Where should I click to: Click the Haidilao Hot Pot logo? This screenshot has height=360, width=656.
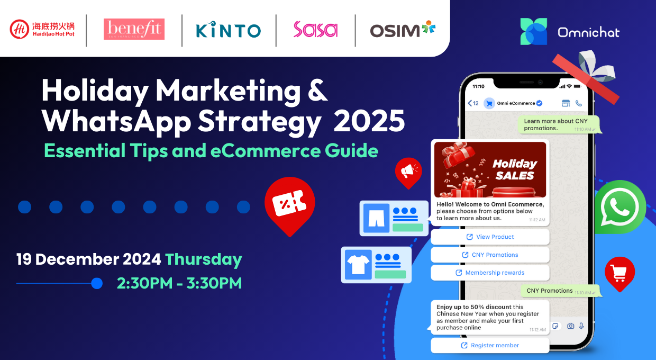point(42,29)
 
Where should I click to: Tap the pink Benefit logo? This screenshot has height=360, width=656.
point(134,29)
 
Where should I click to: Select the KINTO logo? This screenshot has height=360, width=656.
point(228,30)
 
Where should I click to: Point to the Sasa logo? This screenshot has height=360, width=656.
point(315,29)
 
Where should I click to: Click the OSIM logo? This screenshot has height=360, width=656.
point(403,29)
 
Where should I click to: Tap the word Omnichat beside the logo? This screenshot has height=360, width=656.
point(588,32)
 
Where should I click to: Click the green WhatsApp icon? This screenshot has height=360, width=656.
point(620,207)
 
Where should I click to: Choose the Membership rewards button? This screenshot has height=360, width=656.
point(490,273)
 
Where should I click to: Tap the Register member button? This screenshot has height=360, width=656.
point(490,345)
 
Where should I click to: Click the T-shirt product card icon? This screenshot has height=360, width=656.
point(358,265)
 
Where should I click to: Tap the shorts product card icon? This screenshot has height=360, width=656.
point(376,218)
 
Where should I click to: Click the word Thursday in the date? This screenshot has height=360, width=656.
point(204,260)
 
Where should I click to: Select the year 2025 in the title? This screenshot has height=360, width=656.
point(369,121)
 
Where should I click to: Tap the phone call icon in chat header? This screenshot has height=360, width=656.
point(579,103)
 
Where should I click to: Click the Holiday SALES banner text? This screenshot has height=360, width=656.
point(515,169)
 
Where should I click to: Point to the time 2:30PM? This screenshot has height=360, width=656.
point(144,283)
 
